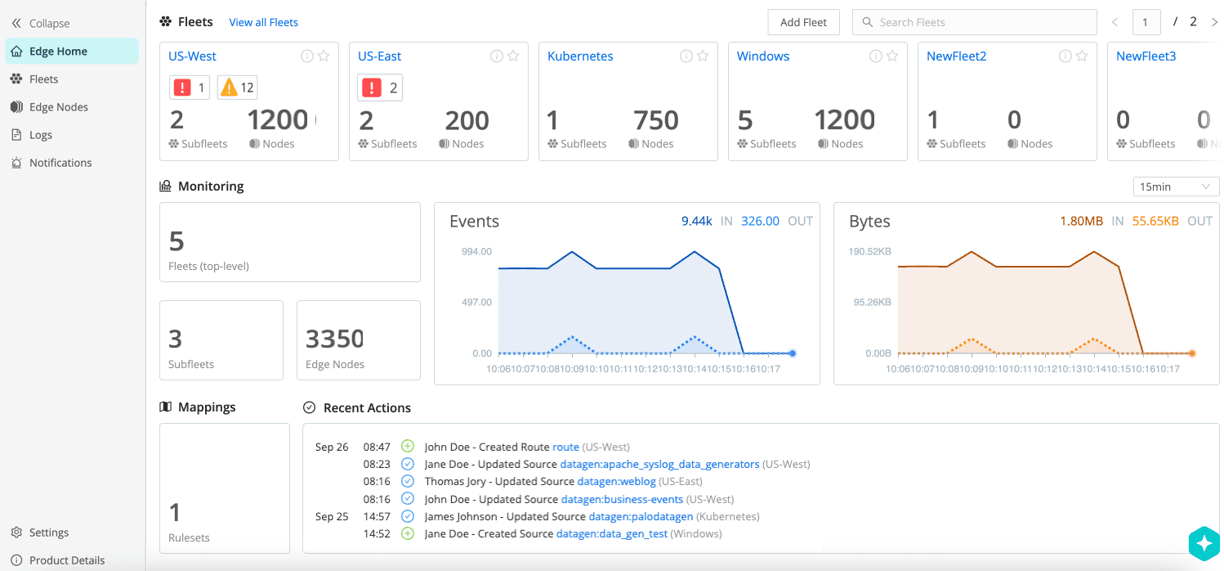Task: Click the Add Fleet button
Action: click(803, 22)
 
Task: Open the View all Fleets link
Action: click(263, 22)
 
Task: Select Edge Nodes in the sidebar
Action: click(58, 107)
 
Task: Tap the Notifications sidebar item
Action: click(60, 163)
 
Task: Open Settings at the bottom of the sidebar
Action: click(48, 533)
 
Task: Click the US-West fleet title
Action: click(192, 56)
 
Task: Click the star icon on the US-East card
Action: click(513, 56)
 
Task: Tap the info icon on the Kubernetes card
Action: click(686, 56)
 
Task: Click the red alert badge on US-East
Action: click(380, 88)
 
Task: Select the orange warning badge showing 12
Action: click(237, 88)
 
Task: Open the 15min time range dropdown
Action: click(1175, 187)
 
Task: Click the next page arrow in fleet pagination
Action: click(1214, 22)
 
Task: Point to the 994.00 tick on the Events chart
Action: click(476, 252)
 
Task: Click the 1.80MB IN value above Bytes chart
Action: click(1081, 221)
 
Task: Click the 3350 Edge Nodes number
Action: click(334, 339)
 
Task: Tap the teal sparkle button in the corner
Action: click(1204, 542)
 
